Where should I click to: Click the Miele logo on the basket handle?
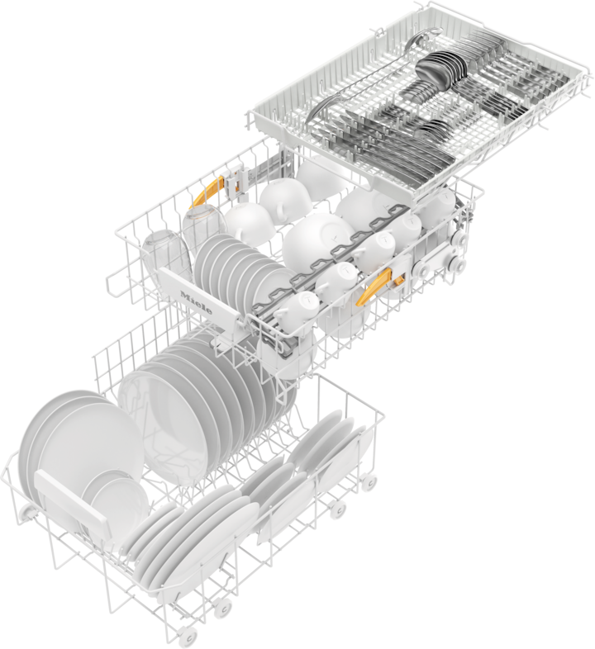(196, 302)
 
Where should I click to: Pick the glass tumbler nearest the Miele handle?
(167, 258)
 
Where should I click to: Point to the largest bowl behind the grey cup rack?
(318, 240)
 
